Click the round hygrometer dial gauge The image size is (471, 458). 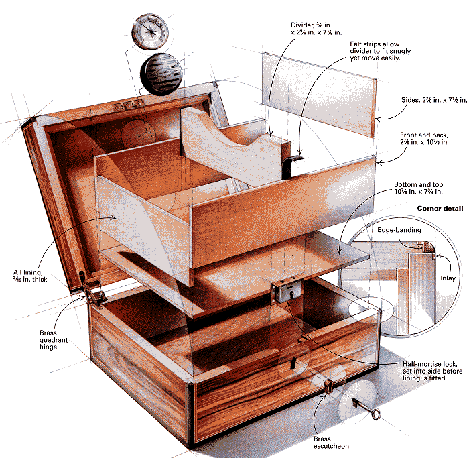[x=150, y=32]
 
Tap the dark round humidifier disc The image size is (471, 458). [x=161, y=74]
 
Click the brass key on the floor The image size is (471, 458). [x=366, y=408]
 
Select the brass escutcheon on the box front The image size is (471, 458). [x=329, y=385]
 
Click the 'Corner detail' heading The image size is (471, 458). [x=440, y=208]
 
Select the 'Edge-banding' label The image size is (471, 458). [x=399, y=230]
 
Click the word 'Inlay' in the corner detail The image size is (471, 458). [x=448, y=278]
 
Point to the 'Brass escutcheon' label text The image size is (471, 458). [x=331, y=443]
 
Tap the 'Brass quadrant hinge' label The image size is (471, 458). [x=54, y=340]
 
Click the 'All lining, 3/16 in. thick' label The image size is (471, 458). [x=30, y=276]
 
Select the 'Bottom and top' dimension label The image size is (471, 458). [x=419, y=188]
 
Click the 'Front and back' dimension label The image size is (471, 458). [x=424, y=139]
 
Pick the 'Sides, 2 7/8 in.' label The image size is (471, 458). [x=434, y=100]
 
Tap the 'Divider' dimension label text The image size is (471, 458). [x=316, y=29]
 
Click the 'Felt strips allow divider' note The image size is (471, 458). [x=381, y=51]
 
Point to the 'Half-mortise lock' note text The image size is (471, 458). [x=432, y=371]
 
